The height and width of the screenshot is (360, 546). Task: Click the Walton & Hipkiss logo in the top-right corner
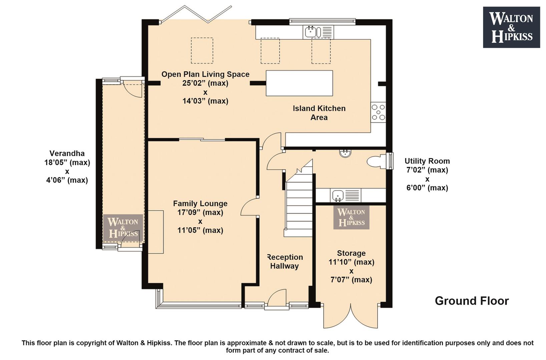(511, 27)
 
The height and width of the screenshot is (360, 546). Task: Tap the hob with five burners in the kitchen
(378, 112)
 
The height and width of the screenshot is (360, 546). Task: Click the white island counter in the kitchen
(299, 83)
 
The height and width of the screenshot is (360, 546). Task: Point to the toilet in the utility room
(377, 161)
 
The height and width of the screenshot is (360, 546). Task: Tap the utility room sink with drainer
(346, 195)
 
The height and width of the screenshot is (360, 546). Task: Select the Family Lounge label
(200, 203)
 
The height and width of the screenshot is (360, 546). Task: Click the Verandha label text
(67, 153)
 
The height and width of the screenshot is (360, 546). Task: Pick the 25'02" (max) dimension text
(205, 83)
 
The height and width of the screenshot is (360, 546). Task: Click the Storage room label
(351, 253)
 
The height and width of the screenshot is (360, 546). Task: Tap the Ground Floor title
(472, 301)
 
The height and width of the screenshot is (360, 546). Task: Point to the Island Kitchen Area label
(319, 113)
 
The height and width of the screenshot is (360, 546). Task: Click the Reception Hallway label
(285, 261)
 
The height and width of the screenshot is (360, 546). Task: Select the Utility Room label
(427, 161)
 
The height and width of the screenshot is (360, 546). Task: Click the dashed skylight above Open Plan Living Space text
(202, 50)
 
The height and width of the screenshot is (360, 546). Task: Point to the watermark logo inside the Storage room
(351, 217)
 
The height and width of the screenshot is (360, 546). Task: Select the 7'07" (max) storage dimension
(351, 280)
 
